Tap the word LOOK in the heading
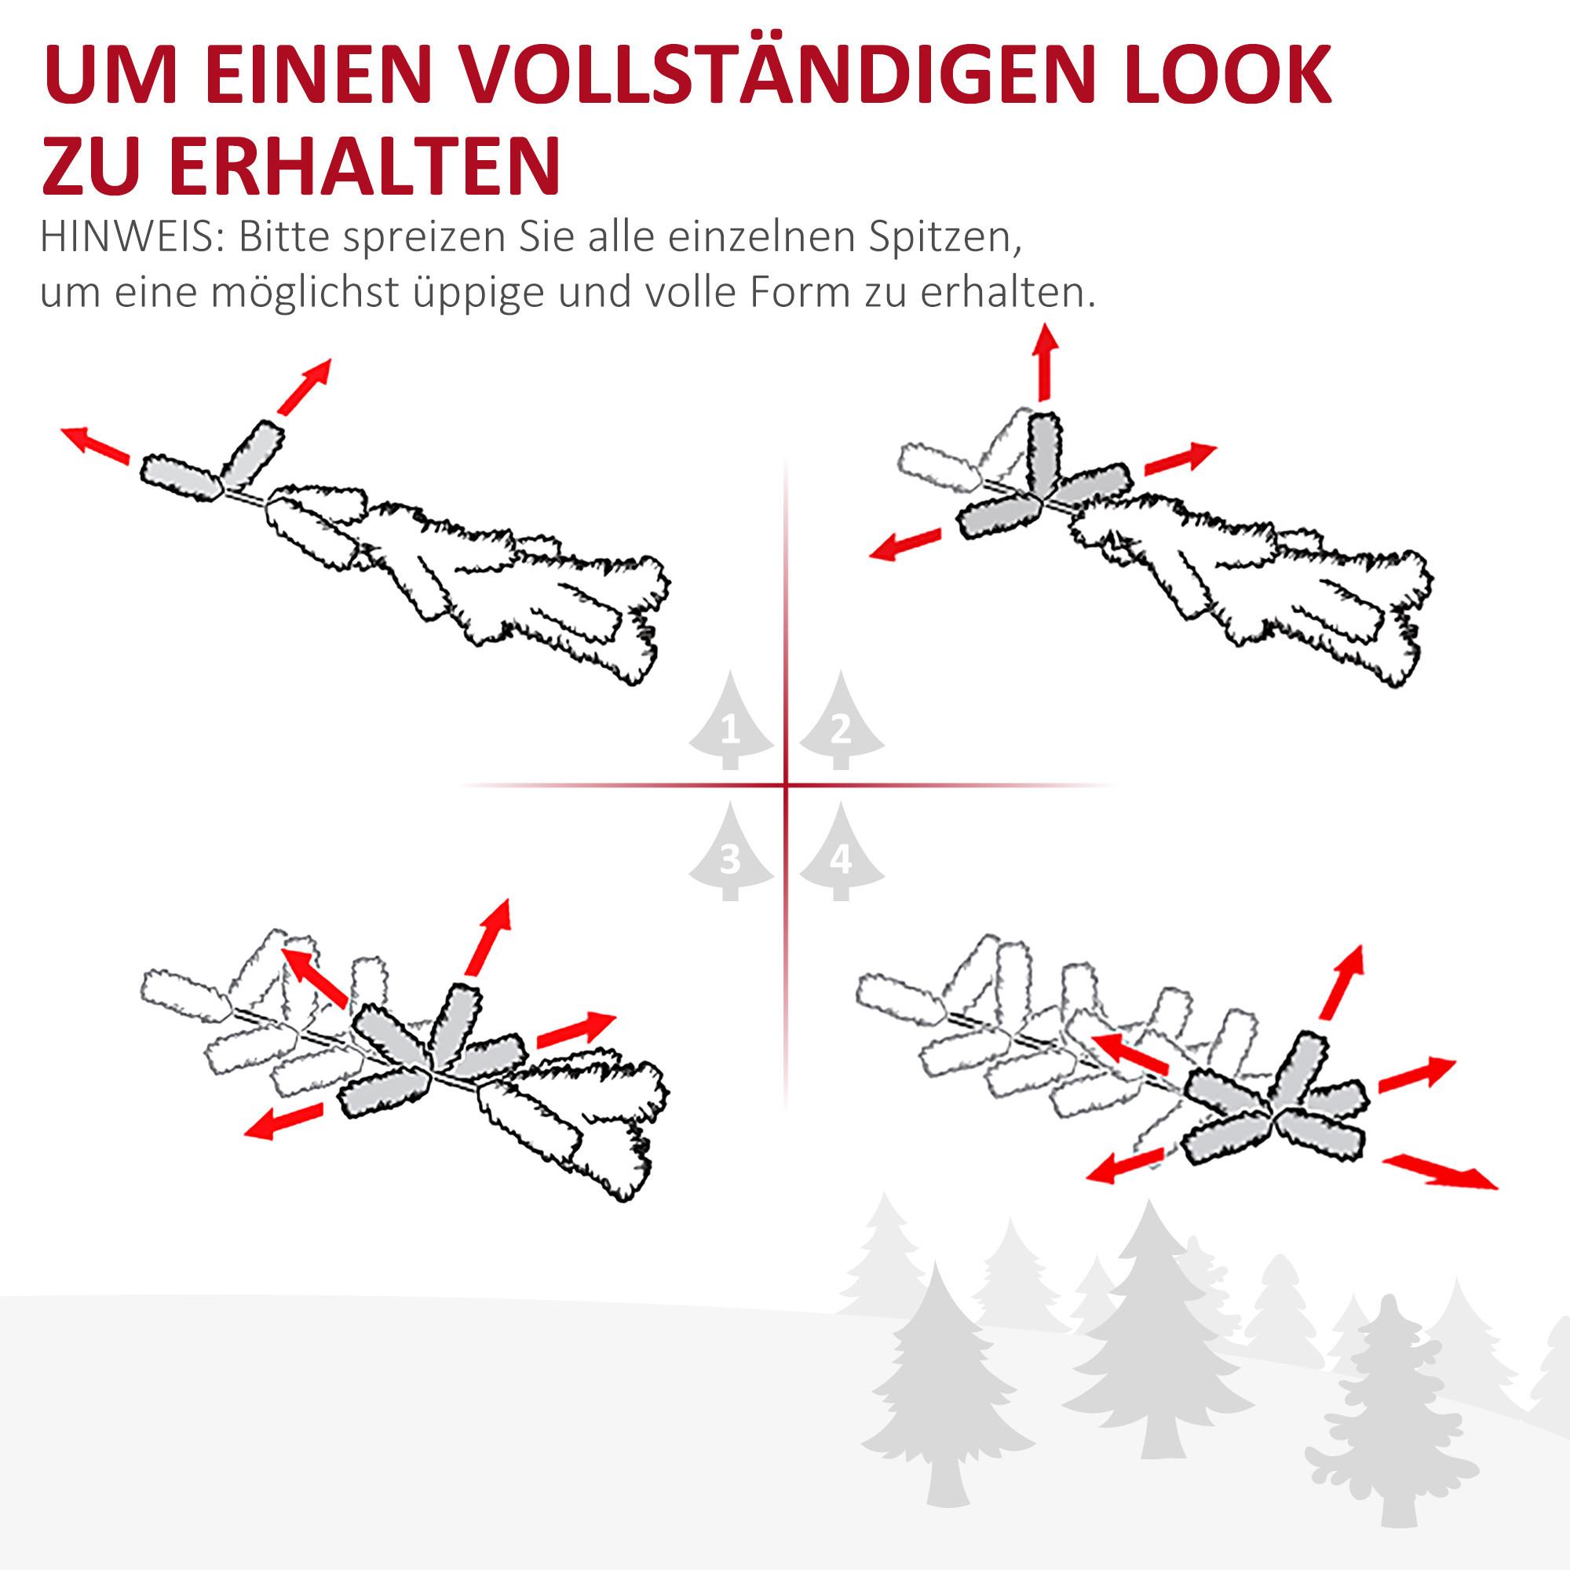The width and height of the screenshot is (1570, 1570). coord(1227,77)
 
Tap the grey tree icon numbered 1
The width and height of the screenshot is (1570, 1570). coord(731,721)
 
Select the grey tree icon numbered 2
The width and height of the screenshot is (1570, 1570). coord(841,721)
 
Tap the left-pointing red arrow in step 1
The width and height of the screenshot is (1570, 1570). coord(96,445)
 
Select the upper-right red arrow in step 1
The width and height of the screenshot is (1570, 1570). coord(305,386)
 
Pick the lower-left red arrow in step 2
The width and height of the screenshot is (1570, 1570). coord(904,545)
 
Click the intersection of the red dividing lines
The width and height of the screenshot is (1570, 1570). coord(786,785)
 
